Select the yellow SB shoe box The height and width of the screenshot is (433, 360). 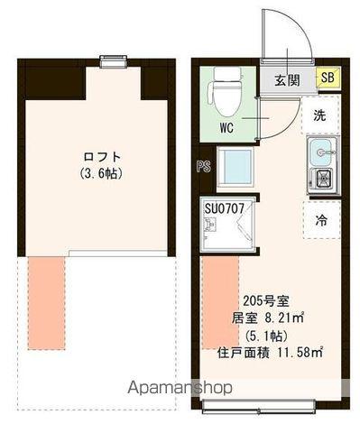(328, 80)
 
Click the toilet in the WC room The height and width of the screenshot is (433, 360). (221, 94)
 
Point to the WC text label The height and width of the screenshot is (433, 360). (226, 127)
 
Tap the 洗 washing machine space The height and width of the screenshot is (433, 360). (320, 115)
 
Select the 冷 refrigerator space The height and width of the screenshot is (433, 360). (321, 218)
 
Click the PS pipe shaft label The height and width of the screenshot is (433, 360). (204, 166)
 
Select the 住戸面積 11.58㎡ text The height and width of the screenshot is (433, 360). (270, 350)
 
